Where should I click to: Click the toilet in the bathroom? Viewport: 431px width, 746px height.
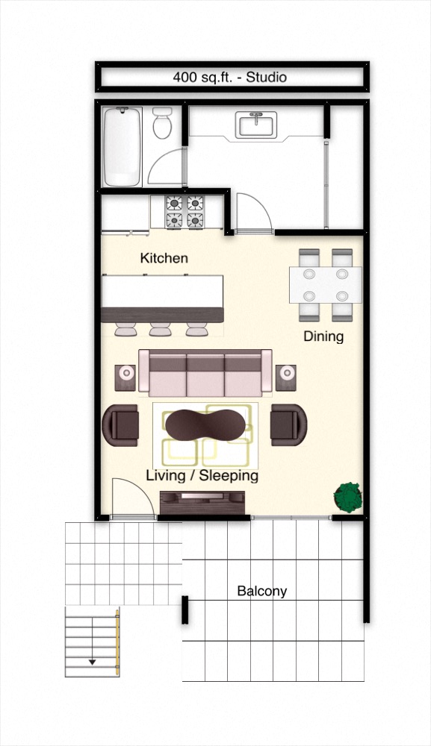click(162, 122)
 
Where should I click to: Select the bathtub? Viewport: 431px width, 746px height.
click(123, 146)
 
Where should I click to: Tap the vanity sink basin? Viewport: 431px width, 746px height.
click(256, 125)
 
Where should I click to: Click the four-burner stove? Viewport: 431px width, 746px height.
click(185, 212)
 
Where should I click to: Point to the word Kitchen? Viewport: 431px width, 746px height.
click(164, 258)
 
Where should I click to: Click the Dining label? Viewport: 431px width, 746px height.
click(323, 336)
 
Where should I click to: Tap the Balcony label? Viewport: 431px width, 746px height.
click(262, 591)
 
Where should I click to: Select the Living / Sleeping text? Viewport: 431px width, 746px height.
click(202, 475)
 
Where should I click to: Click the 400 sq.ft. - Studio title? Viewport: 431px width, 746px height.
click(229, 77)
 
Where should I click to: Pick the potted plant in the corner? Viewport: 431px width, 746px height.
click(348, 498)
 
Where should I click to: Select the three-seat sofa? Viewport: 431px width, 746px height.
click(205, 373)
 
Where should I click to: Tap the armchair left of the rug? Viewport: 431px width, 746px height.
click(120, 425)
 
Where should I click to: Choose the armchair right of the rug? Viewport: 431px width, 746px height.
click(288, 425)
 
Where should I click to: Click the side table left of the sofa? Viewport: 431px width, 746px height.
click(125, 377)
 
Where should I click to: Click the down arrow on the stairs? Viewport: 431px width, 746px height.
click(93, 661)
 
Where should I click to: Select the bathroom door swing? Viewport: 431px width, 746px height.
click(166, 166)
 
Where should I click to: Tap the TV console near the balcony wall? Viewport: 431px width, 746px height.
click(202, 502)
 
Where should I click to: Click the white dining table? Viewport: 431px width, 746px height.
click(325, 285)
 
